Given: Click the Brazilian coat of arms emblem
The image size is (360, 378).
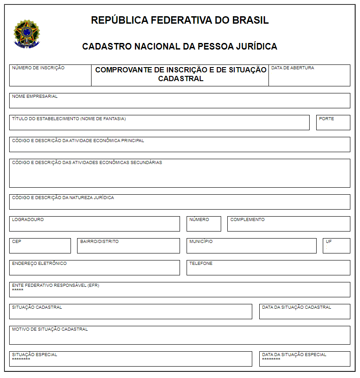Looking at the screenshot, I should [x=27, y=33].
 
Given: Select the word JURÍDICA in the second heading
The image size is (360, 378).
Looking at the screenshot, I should [x=255, y=46].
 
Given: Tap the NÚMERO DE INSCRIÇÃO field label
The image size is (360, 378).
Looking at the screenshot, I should [x=38, y=68].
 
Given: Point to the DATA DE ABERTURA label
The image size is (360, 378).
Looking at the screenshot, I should [x=293, y=68].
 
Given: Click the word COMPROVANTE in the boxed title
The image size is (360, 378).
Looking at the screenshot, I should [x=122, y=70].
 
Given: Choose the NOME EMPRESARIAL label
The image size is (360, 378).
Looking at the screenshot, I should [x=35, y=96].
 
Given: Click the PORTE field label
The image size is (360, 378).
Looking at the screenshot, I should [x=326, y=118].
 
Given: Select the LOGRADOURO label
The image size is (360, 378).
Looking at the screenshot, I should [x=28, y=219].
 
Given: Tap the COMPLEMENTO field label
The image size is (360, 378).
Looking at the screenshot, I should [x=247, y=219].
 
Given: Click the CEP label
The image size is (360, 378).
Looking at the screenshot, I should [x=17, y=241].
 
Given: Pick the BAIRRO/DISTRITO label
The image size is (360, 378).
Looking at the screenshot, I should [x=99, y=241].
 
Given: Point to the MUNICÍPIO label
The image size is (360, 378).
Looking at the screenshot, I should [x=201, y=241].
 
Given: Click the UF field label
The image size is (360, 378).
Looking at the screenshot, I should [x=329, y=241].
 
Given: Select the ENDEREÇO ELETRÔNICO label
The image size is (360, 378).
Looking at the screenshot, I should [x=39, y=264].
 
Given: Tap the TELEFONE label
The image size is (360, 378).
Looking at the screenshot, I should [x=201, y=264].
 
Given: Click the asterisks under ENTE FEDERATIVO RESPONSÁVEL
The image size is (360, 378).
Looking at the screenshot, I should [x=18, y=290].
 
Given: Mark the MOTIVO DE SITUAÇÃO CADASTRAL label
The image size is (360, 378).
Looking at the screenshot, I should [x=50, y=329].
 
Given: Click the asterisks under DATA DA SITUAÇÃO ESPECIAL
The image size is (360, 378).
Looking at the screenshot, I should [x=271, y=360].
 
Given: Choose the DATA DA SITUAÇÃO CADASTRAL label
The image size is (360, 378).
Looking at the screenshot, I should [x=296, y=307].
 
